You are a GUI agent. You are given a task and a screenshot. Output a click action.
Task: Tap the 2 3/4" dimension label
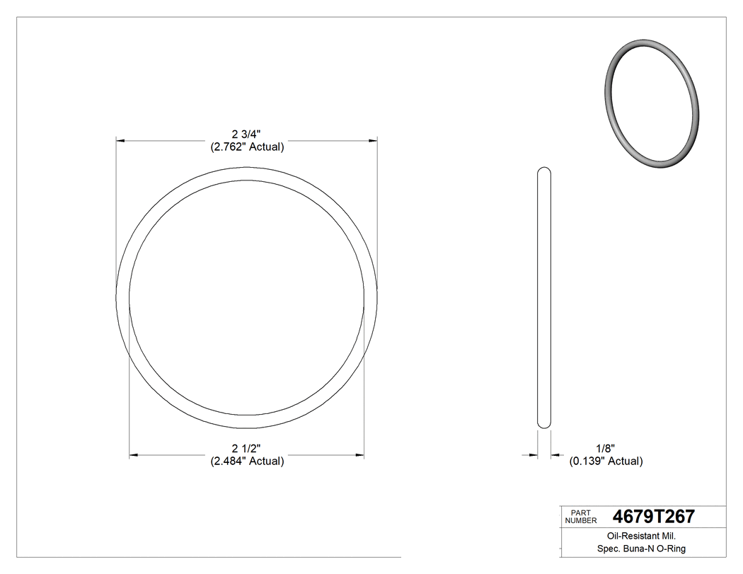(x=246, y=134)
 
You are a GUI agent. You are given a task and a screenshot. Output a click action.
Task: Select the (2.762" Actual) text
(x=246, y=147)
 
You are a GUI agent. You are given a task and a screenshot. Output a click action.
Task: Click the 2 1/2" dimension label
(x=246, y=448)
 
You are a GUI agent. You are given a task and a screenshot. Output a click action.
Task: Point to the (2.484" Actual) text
(x=246, y=461)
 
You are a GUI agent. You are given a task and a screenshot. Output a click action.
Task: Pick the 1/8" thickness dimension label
(x=606, y=448)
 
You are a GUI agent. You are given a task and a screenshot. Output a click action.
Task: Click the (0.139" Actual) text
(x=606, y=461)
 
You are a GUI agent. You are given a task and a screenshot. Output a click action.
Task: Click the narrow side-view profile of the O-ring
(x=544, y=297)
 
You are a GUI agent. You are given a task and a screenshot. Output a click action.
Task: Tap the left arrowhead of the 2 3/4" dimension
(x=120, y=142)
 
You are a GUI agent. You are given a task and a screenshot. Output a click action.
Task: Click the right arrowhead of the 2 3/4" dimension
(x=372, y=142)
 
